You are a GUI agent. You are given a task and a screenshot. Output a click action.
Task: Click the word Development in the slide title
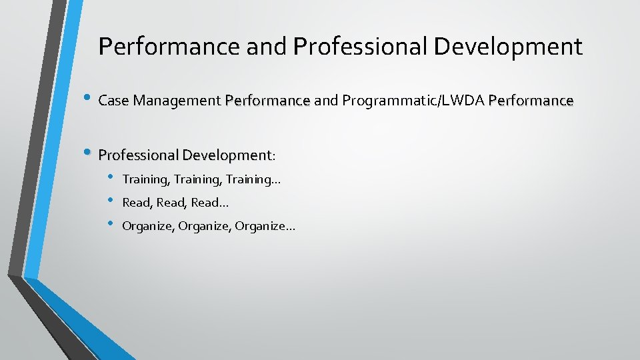(509, 47)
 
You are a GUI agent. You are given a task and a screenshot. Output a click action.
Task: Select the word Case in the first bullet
(113, 101)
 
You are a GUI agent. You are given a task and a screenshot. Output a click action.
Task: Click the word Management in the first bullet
(177, 101)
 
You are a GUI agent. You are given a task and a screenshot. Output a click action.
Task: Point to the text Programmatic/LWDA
(413, 101)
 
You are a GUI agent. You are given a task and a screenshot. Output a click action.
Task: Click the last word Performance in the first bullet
(531, 101)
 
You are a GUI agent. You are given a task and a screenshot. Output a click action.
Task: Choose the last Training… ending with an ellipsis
(253, 179)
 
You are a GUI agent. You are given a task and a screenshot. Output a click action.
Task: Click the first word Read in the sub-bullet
(137, 203)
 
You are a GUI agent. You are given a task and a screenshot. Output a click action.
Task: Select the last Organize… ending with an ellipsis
(265, 227)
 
